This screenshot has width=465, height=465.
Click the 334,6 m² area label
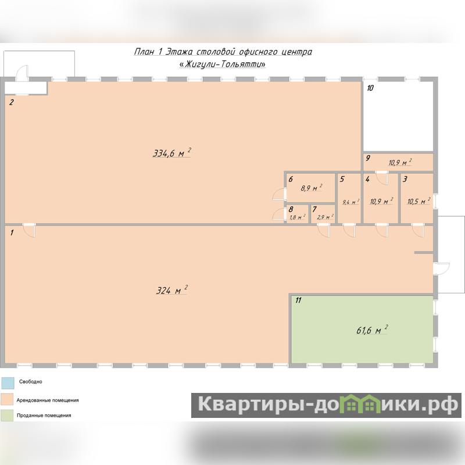pyautogui.click(x=171, y=153)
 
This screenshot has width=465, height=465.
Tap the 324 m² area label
pyautogui.click(x=172, y=289)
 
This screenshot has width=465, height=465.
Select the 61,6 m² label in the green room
pyautogui.click(x=372, y=330)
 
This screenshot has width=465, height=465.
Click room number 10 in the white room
pyautogui.click(x=370, y=88)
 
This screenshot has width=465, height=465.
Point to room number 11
pyautogui.click(x=298, y=301)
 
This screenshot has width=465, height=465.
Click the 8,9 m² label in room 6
pyautogui.click(x=312, y=188)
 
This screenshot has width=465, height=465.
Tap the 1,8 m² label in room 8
pyautogui.click(x=298, y=217)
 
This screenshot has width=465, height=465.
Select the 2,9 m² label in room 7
pyautogui.click(x=325, y=217)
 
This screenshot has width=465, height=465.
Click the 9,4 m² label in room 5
pyautogui.click(x=351, y=202)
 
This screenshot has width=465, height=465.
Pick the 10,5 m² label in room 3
pyautogui.click(x=419, y=201)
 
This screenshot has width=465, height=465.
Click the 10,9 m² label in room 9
pyautogui.click(x=400, y=162)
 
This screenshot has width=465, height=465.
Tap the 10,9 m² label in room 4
pyautogui.click(x=381, y=201)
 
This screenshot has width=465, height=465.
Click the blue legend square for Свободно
pyautogui.click(x=8, y=383)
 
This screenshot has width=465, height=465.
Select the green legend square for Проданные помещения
pyautogui.click(x=8, y=415)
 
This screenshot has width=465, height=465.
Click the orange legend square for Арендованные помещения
pyautogui.click(x=8, y=399)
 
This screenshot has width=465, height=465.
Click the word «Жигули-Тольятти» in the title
pyautogui.click(x=223, y=64)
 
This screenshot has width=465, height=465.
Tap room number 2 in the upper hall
pyautogui.click(x=11, y=102)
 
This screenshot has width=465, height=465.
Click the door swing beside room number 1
pyautogui.click(x=29, y=231)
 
